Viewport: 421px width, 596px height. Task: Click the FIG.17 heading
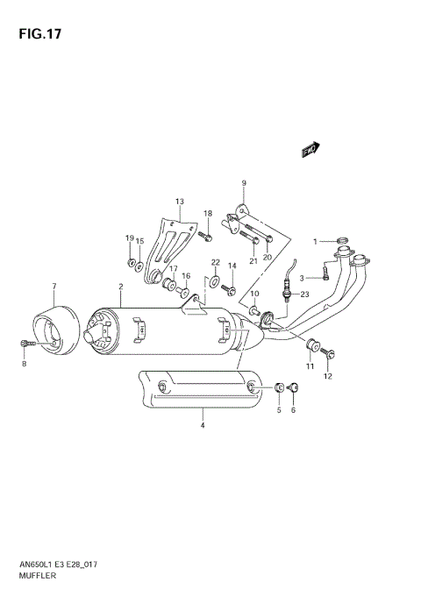(x=38, y=35)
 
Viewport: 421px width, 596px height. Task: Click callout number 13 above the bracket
(x=180, y=202)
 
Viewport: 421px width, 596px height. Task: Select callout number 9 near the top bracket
(x=244, y=183)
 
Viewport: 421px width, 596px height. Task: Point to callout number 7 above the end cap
(x=54, y=287)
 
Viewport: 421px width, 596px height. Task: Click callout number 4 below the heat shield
(x=202, y=426)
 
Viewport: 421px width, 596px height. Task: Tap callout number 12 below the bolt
(x=329, y=377)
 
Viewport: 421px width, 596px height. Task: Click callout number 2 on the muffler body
(x=120, y=287)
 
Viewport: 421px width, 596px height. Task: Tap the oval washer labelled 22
(x=213, y=281)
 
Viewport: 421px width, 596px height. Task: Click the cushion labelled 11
(x=311, y=342)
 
